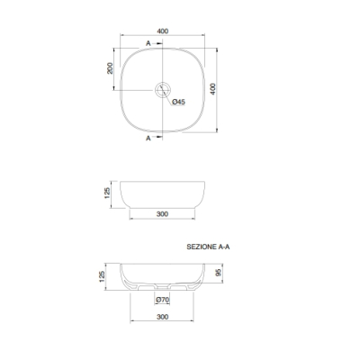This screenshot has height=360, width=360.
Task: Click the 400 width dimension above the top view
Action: pos(162,31)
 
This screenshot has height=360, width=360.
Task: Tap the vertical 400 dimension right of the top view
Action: pos(212,89)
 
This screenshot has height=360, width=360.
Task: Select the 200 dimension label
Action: pos(110,68)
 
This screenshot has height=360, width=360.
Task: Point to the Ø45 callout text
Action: pos(179,102)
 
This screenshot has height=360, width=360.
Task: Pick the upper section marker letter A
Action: pos(148,43)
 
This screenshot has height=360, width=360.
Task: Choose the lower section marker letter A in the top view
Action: pos(148,139)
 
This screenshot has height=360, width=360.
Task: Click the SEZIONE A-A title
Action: pos(208,247)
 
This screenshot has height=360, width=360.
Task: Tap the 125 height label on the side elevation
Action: pos(107,193)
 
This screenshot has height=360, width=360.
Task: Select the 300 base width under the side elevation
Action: pos(162,214)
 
